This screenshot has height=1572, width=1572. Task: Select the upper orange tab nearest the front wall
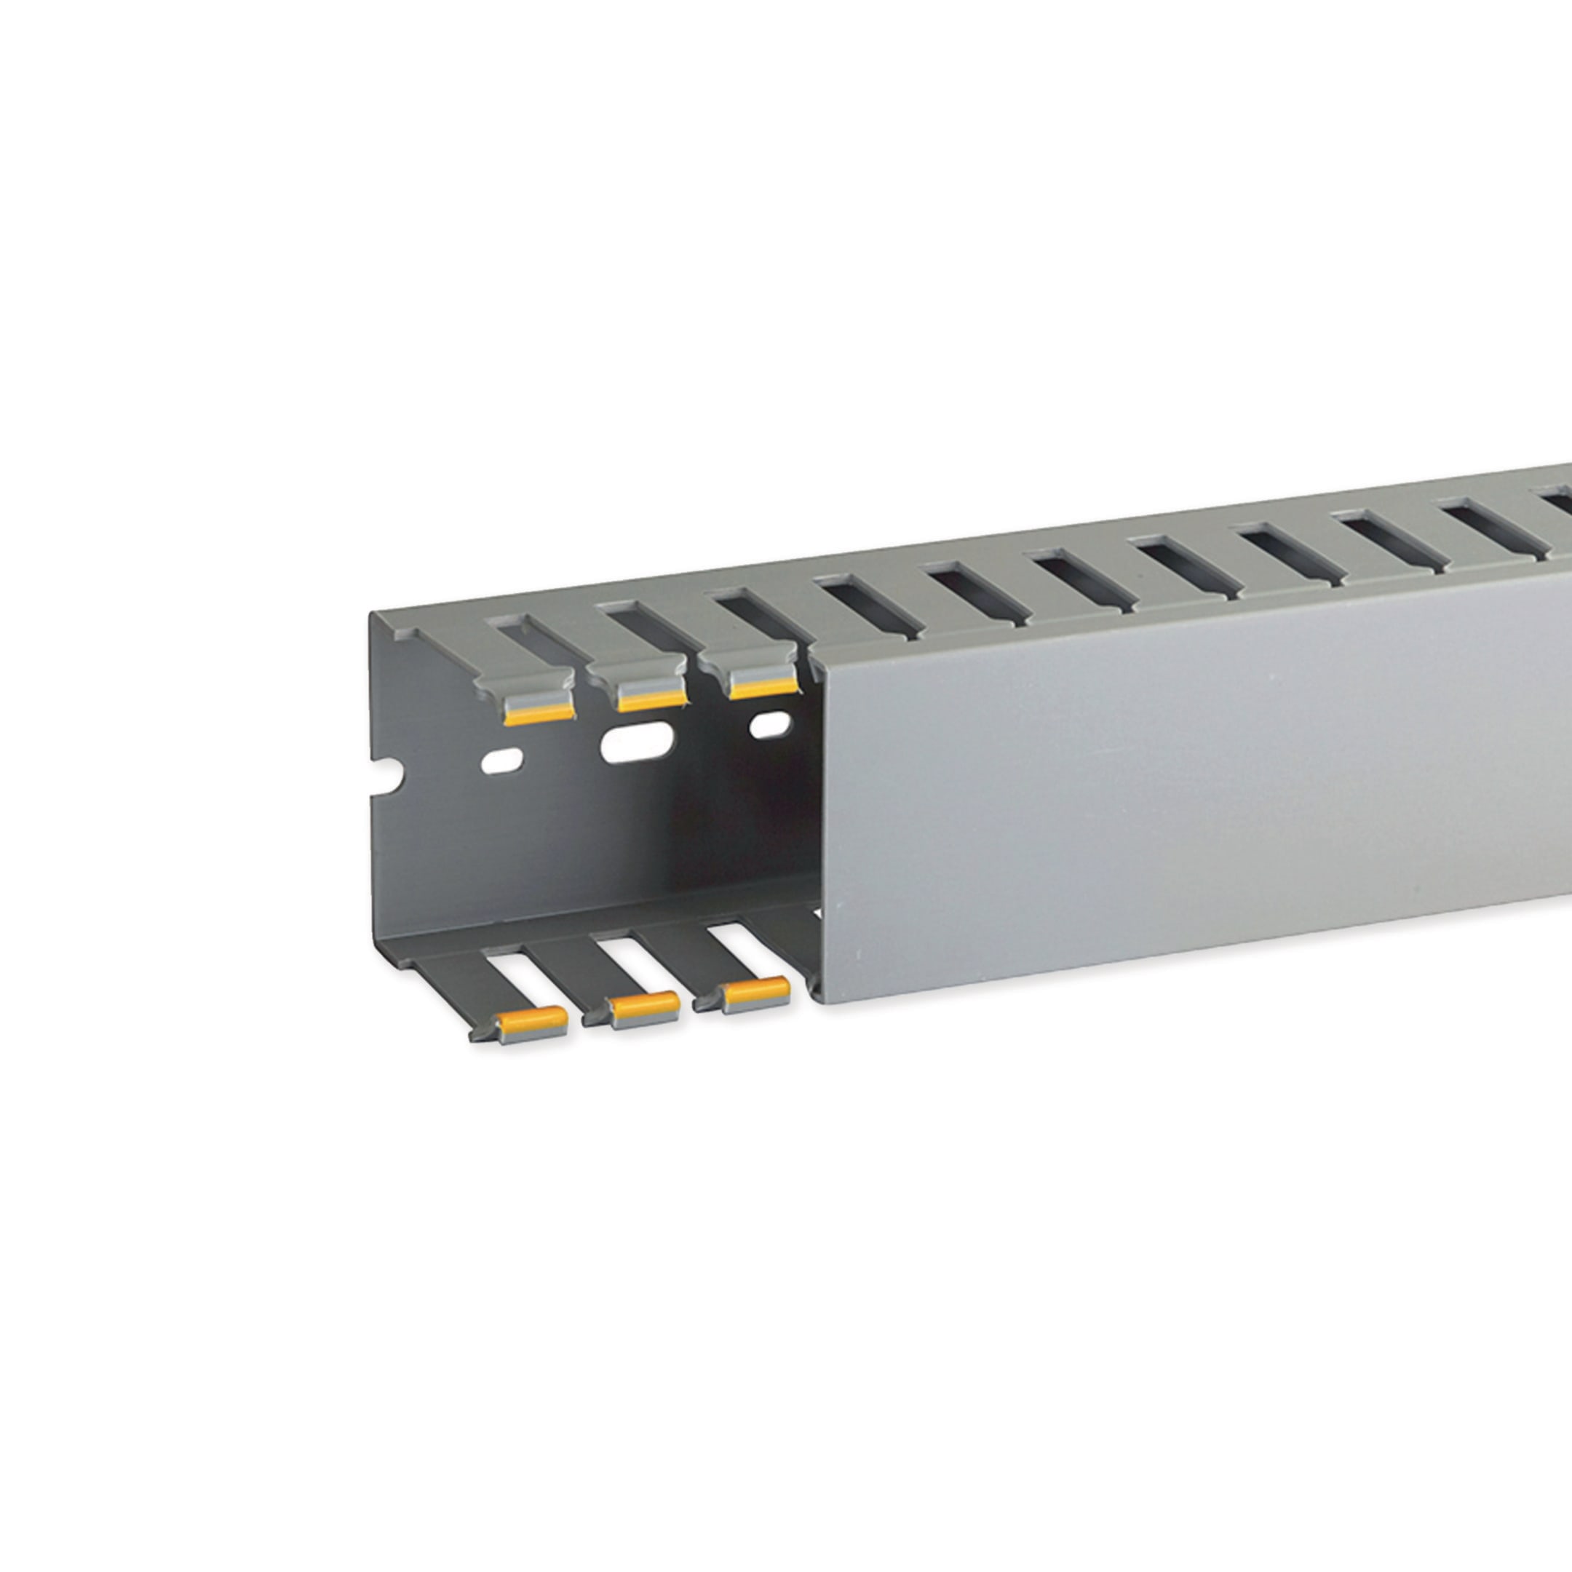[x=763, y=688]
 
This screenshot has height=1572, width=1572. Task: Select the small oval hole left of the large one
[x=502, y=761]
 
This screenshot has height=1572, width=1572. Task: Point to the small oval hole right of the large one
[x=770, y=724]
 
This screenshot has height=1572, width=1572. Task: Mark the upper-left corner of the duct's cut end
[x=371, y=613]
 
